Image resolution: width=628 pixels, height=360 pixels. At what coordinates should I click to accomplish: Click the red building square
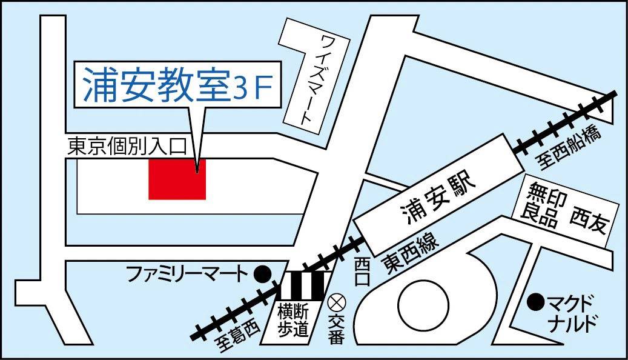click(177, 179)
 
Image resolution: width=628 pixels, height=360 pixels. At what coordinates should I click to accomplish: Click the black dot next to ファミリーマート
click(262, 275)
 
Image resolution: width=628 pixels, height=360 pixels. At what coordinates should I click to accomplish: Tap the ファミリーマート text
click(187, 275)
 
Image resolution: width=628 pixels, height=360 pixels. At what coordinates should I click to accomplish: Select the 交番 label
click(335, 330)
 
